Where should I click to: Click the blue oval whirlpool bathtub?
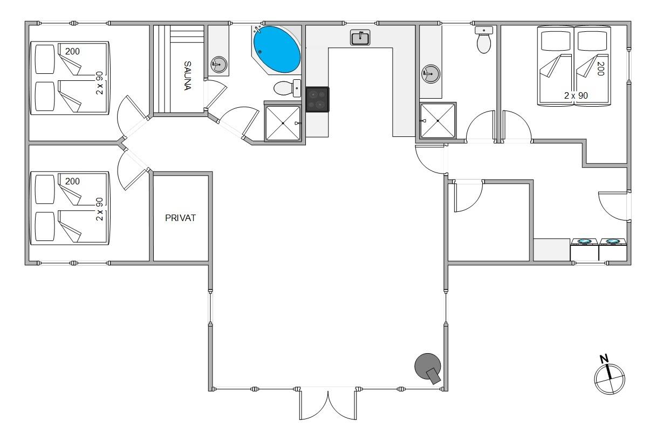pyautogui.click(x=277, y=50)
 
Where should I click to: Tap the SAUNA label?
pyautogui.click(x=188, y=75)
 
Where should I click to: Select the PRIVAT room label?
pyautogui.click(x=180, y=218)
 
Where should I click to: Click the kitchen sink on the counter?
pyautogui.click(x=360, y=37)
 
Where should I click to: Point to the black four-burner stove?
pyautogui.click(x=317, y=99)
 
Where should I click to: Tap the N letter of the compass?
pyautogui.click(x=604, y=359)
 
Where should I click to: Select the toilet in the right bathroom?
pyautogui.click(x=484, y=40)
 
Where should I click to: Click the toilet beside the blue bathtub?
pyautogui.click(x=288, y=88)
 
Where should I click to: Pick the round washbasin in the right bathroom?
pyautogui.click(x=430, y=74)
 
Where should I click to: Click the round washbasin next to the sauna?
pyautogui.click(x=218, y=64)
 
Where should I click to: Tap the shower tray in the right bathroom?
pyautogui.click(x=438, y=120)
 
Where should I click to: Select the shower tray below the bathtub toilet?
pyautogui.click(x=283, y=123)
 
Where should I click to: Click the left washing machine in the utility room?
pyautogui.click(x=585, y=250)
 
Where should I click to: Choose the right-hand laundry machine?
pyautogui.click(x=613, y=250)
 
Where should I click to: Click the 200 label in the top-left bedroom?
pyautogui.click(x=72, y=51)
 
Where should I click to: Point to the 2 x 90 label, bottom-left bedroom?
pyautogui.click(x=100, y=209)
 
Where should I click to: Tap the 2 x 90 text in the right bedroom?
pyautogui.click(x=576, y=95)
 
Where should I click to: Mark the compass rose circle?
pyautogui.click(x=610, y=379)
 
